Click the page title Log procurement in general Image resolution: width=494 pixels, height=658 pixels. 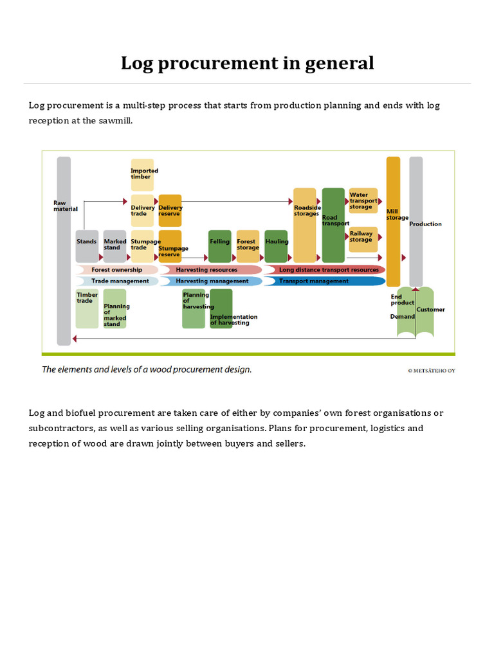(x=247, y=63)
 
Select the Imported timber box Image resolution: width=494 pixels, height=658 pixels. (x=143, y=174)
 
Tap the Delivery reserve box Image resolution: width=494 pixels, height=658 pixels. (x=170, y=210)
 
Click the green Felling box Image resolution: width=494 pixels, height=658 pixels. (x=219, y=245)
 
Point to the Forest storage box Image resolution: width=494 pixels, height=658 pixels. (x=248, y=245)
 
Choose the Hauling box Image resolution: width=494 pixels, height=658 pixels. (x=276, y=245)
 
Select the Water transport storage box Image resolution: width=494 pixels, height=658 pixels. (x=363, y=200)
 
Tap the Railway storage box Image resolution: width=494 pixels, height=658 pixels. (x=363, y=238)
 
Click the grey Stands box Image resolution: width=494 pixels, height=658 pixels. (x=87, y=245)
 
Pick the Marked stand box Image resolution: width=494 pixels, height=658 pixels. (x=115, y=245)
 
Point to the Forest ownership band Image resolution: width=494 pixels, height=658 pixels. (x=116, y=270)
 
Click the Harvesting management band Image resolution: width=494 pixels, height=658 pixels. (x=211, y=281)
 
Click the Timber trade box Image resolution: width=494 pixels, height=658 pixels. (x=87, y=308)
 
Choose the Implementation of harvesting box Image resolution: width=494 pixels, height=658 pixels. (x=222, y=308)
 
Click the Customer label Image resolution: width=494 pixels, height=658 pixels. (x=430, y=310)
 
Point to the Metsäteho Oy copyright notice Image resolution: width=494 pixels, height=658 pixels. (x=431, y=370)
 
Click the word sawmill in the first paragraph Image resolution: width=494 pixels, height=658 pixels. (x=114, y=120)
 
